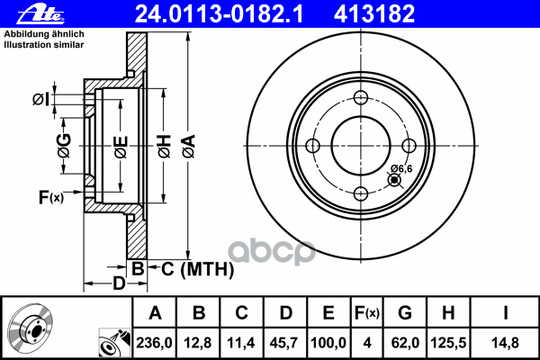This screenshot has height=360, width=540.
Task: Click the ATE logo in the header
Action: coord(40,14)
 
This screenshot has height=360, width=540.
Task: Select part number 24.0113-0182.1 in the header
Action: coord(219,14)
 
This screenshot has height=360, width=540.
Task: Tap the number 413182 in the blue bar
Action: coord(374,14)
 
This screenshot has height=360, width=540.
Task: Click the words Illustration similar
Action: coord(44,45)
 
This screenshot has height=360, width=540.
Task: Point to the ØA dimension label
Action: coord(189,147)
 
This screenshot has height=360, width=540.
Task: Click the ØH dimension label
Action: coord(165,147)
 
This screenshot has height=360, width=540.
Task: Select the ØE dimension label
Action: coord(121,147)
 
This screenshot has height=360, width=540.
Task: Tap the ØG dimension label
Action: coord(64,145)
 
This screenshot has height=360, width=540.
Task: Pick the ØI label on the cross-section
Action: coord(40,99)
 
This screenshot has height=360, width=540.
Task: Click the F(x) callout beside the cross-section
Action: coord(51,197)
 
